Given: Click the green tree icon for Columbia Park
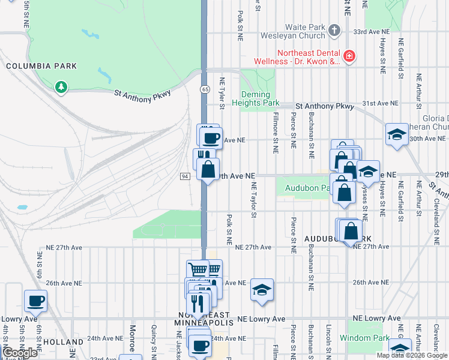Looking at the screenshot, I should coord(60,88).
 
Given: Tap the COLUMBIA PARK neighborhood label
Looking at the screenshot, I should coord(41,66).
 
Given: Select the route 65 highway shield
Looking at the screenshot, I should coord(205,89).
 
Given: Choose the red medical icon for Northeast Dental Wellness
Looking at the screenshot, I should coord(349,57).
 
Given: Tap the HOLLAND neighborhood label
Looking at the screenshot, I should coord(63,342).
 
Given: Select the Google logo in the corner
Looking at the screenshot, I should coord(20,353).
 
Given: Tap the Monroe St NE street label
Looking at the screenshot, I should coord(132,339).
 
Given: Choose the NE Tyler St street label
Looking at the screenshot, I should coord(221,93).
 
